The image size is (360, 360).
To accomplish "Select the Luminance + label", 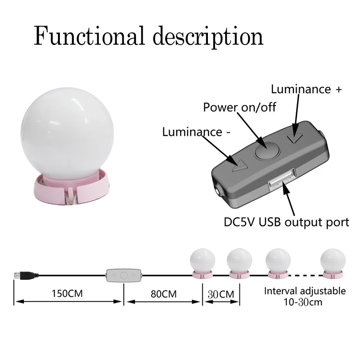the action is click(x=306, y=89).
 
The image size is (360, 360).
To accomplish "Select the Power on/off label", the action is click(x=239, y=107).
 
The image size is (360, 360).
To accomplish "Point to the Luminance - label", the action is click(x=192, y=132).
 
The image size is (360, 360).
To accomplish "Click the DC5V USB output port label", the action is click(x=287, y=222).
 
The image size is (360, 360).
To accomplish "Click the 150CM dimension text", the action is click(x=69, y=294).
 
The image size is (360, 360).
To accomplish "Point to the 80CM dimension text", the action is click(x=163, y=294).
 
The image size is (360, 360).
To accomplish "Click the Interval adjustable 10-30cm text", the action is click(x=305, y=296).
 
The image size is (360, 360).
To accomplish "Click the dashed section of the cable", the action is click(x=304, y=274).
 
